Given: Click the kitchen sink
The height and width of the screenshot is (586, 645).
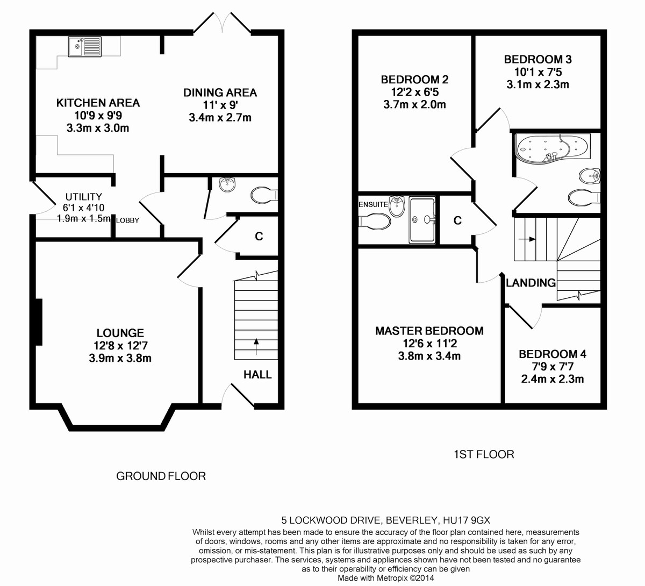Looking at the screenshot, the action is pyautogui.click(x=84, y=47).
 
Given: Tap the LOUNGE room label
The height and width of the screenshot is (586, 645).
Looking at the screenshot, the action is pyautogui.click(x=120, y=333).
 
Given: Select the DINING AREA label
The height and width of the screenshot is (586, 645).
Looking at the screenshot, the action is pyautogui.click(x=220, y=92).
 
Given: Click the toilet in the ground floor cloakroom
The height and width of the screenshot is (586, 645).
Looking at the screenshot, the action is pyautogui.click(x=264, y=195).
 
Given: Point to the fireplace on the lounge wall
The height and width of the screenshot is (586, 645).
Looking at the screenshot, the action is pyautogui.click(x=39, y=322).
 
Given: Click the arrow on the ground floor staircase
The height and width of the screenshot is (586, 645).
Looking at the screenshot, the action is pyautogui.click(x=256, y=346).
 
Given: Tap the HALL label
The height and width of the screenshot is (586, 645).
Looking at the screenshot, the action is pyautogui.click(x=257, y=374).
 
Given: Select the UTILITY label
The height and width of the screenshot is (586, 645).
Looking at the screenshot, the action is pyautogui.click(x=84, y=197).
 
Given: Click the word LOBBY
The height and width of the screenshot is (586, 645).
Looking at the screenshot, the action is pyautogui.click(x=127, y=220).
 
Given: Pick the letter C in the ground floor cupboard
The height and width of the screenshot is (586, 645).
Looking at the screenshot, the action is pyautogui.click(x=259, y=237).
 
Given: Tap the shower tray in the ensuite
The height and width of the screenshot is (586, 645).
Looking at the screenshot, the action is pyautogui.click(x=422, y=220).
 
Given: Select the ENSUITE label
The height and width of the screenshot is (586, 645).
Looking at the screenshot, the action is pyautogui.click(x=373, y=204).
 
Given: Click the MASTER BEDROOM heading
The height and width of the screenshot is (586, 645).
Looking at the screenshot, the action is pyautogui.click(x=429, y=331).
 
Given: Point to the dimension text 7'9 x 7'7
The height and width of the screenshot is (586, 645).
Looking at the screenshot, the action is pyautogui.click(x=553, y=367).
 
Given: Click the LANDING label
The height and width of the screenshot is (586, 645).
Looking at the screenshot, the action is pyautogui.click(x=531, y=283).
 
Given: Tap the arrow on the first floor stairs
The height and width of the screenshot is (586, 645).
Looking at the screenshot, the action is pyautogui.click(x=527, y=239).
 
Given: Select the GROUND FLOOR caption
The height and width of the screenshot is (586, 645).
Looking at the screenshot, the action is pyautogui.click(x=161, y=476).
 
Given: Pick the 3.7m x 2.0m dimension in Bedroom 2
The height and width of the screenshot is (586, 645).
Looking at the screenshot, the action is pyautogui.click(x=414, y=104).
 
